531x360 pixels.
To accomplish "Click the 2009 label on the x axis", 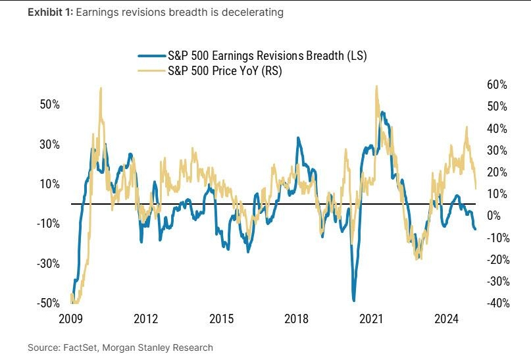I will (70, 319).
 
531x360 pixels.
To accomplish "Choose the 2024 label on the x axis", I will (447, 319).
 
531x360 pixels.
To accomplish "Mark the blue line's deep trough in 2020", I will (354, 300).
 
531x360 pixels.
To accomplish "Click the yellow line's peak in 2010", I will (101, 88).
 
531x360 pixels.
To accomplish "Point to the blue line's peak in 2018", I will (298, 138).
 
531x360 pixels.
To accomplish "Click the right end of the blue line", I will (475, 228).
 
